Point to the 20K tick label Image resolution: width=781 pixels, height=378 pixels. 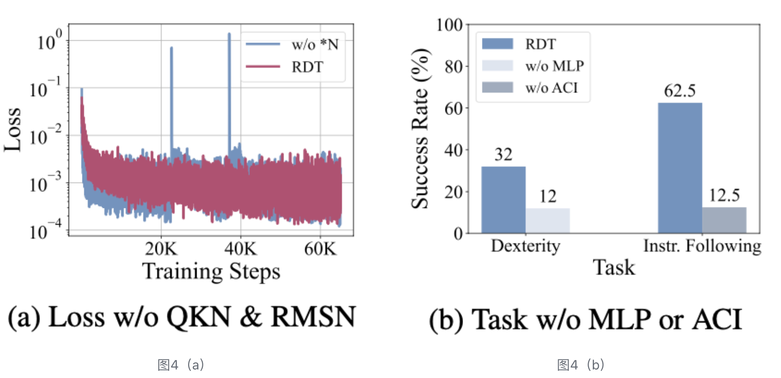point(161,249)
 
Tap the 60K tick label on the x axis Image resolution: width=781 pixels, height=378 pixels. point(320,249)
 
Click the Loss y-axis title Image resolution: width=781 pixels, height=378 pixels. point(12,130)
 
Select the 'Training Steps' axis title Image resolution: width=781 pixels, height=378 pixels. point(211,271)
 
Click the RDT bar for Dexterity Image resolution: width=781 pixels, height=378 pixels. point(503,199)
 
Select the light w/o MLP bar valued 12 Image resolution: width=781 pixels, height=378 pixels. point(548,220)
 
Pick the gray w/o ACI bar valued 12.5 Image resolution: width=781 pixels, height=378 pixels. point(724,220)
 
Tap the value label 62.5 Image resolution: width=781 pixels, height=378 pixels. point(680,90)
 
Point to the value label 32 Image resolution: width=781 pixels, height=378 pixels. point(503,154)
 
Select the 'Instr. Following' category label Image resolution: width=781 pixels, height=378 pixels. point(702,246)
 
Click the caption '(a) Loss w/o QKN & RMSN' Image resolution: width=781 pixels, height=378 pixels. point(182,317)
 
